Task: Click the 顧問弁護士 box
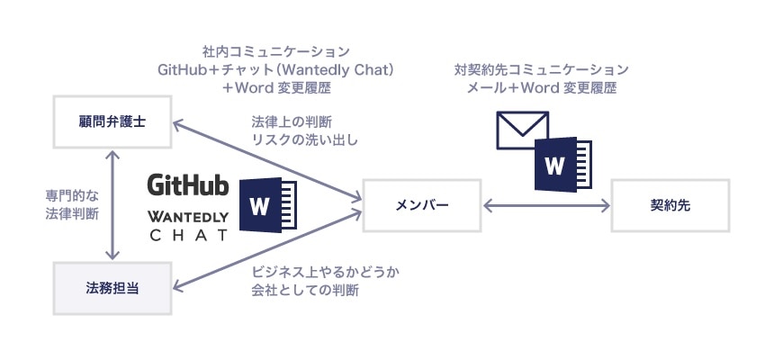[112, 122]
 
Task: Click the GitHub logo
[188, 185]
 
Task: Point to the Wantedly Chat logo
[188, 225]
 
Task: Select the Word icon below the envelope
[562, 165]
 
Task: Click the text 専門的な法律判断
[72, 204]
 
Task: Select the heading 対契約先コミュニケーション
[542, 68]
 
